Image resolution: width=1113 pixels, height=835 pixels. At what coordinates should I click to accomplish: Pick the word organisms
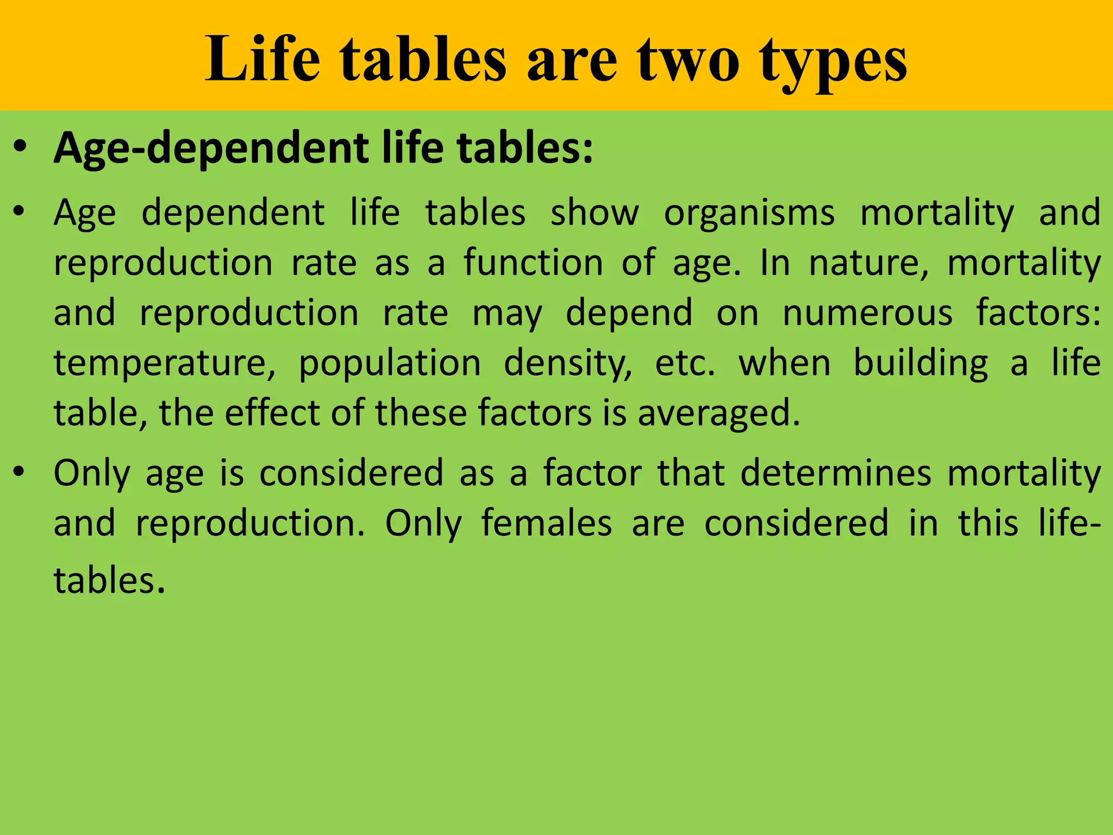click(749, 213)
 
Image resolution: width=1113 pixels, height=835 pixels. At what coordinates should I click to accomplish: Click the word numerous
click(867, 313)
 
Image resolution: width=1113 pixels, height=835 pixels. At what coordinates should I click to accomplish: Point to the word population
click(390, 364)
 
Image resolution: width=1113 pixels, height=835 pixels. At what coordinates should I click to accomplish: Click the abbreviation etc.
click(685, 364)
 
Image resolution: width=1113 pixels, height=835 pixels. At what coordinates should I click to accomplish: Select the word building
click(921, 364)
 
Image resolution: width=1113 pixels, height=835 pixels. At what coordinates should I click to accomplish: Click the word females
click(547, 523)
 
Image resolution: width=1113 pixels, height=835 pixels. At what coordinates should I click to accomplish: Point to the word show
click(595, 213)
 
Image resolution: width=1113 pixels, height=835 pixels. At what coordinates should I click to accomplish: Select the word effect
click(272, 413)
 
